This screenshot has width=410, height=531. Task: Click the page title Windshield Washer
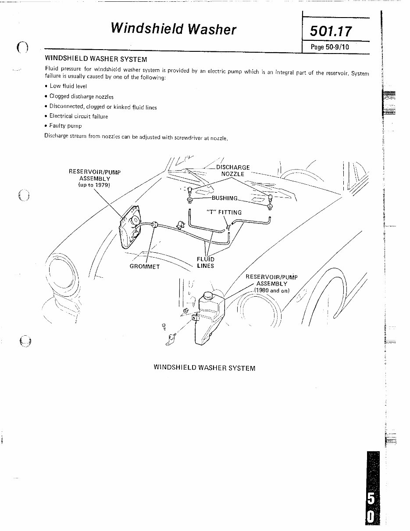[x=173, y=29]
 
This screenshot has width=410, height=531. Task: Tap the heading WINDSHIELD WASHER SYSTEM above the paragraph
[x=96, y=59]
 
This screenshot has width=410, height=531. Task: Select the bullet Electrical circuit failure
[x=78, y=116]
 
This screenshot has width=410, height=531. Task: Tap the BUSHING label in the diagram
[x=225, y=198]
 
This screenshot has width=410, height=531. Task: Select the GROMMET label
[x=145, y=266]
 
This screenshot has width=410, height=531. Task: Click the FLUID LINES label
[x=205, y=262]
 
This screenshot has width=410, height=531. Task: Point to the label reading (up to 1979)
[x=94, y=185]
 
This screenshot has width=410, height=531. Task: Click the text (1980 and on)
[x=272, y=290]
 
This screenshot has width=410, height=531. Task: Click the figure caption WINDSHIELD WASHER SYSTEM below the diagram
[x=204, y=368]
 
